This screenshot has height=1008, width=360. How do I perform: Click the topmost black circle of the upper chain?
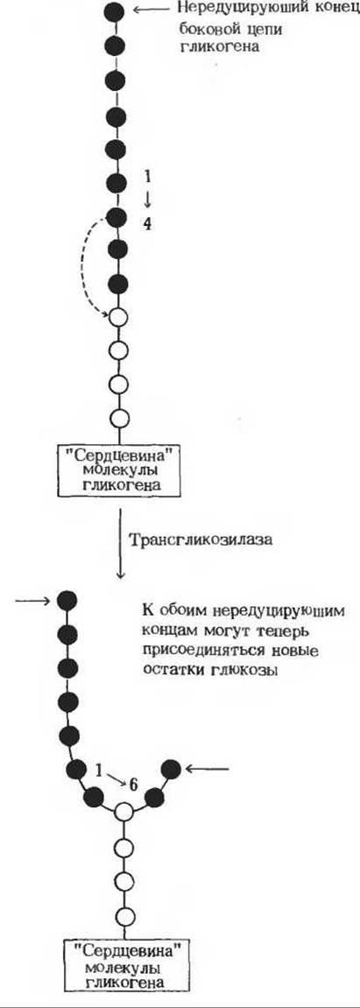[115, 11]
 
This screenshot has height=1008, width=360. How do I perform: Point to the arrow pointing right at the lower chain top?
[32, 601]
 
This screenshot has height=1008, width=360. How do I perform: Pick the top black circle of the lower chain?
[67, 601]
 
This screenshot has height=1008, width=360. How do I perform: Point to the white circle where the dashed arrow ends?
[117, 318]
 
